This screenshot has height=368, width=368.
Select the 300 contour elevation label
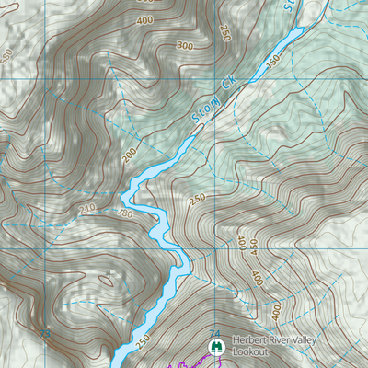coord(185,45)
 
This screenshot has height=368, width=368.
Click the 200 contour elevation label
coord(129,156)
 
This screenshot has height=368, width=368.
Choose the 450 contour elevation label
coord(255,248)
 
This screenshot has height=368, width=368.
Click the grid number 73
coord(44,332)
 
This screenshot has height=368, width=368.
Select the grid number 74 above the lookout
coord(215,332)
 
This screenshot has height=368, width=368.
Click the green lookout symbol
coord(215,347)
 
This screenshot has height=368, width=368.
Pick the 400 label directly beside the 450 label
coord(242,243)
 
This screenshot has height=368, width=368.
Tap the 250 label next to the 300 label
coord(226,33)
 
